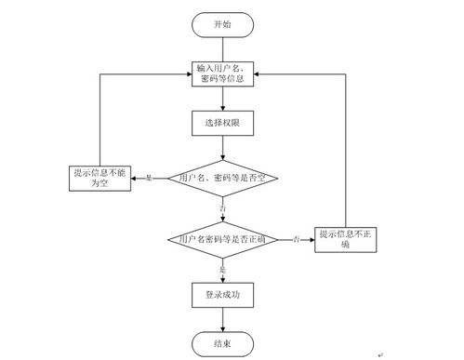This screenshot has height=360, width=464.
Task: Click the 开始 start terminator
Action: [x=223, y=24]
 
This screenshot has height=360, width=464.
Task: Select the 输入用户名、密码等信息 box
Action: [x=223, y=73]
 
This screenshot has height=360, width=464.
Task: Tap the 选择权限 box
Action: [x=223, y=122]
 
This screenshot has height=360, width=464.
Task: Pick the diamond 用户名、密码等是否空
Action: [x=223, y=177]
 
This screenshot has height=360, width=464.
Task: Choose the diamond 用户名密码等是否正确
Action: [x=223, y=239]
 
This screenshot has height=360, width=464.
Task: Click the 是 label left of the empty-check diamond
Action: [x=149, y=177]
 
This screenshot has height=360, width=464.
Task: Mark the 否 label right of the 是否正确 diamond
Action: [x=296, y=239]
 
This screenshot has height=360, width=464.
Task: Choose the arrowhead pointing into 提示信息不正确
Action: [x=312, y=239]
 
